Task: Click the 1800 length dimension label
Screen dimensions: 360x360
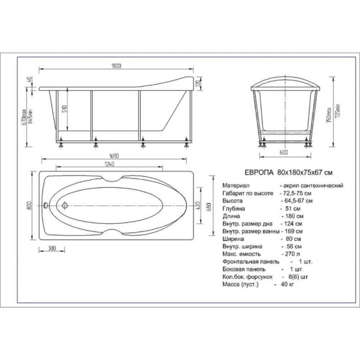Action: tap(116, 66)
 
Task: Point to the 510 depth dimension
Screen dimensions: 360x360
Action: tap(64, 108)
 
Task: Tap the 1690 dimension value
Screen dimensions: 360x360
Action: tap(114, 156)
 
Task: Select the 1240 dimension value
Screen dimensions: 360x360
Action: tap(109, 164)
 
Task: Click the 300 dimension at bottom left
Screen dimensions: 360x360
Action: tap(52, 248)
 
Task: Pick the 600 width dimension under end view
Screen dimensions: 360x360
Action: tap(284, 153)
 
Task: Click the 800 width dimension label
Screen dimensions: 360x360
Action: tap(29, 206)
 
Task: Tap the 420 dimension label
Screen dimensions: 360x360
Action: tap(198, 205)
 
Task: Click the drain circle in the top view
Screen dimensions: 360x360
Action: tap(65, 205)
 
